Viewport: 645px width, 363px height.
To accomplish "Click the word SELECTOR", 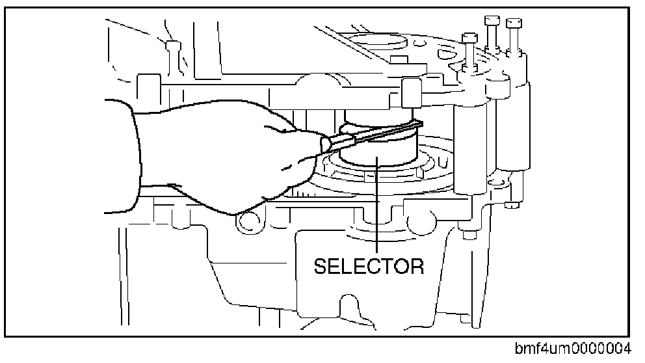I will tap(369, 266).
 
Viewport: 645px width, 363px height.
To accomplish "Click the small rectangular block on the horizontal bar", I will tap(409, 91).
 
